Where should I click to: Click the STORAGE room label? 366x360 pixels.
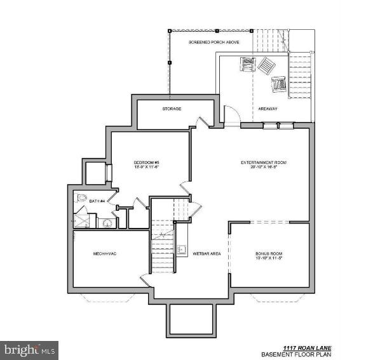point(172,109)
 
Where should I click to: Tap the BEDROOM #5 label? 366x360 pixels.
point(146,163)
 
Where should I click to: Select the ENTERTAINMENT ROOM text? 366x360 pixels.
point(264,163)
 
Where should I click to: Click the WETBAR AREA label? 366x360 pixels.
point(207,254)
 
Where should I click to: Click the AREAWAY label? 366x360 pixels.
point(268,109)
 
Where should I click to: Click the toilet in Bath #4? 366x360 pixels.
point(81,199)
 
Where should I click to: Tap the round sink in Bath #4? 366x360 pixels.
point(106,222)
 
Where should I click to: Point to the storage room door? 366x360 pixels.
point(201,121)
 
